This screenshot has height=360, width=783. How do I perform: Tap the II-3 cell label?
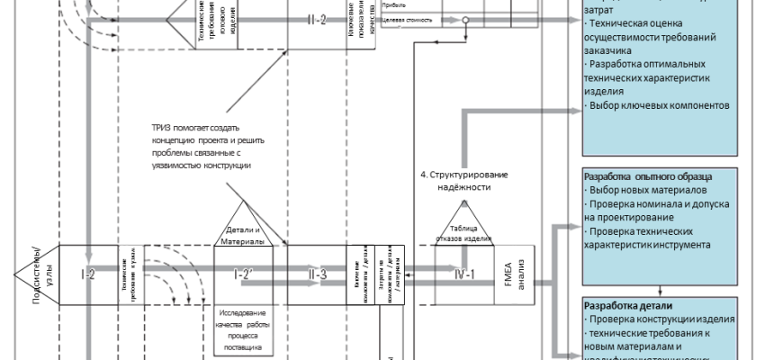click(x=317, y=274)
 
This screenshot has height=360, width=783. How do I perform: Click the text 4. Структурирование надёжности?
click(x=463, y=180)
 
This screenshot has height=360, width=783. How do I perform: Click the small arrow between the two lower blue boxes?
click(x=663, y=290)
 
